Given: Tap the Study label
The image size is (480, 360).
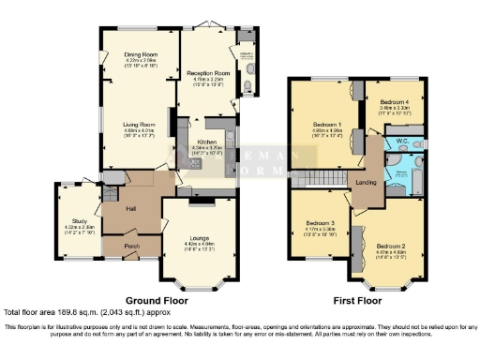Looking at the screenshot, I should coord(78,221).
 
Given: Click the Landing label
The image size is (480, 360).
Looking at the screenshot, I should coord(366,182).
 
